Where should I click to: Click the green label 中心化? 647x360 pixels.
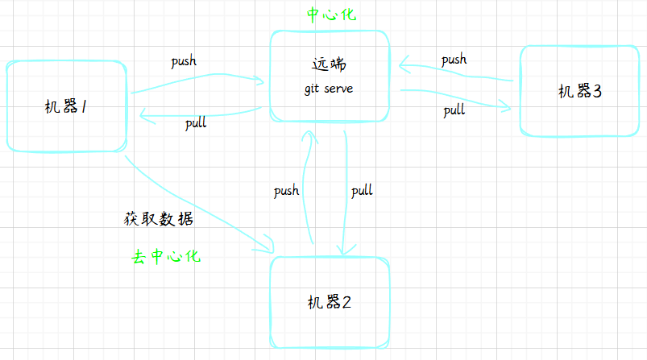click(330, 14)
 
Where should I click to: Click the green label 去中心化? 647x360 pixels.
click(166, 258)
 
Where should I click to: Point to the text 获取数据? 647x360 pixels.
click(159, 219)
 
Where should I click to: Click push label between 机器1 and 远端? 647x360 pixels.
click(184, 61)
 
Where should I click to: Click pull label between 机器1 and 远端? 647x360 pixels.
click(196, 123)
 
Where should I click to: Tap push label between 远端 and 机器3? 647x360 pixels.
click(454, 60)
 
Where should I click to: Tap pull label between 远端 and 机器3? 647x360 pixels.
click(454, 110)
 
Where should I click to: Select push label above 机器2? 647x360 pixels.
click(286, 191)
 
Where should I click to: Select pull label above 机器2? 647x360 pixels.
click(362, 191)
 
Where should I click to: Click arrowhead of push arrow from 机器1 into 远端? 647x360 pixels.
click(261, 80)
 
